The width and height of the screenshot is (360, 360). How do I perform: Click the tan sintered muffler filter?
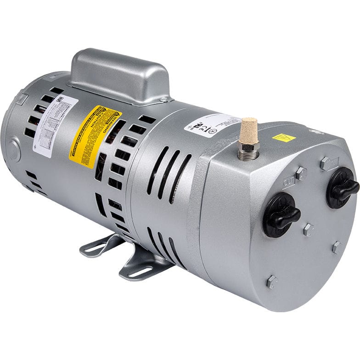click(248, 129)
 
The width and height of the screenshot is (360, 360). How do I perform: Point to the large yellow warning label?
click(96, 135)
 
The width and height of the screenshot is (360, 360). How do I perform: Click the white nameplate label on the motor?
click(54, 125)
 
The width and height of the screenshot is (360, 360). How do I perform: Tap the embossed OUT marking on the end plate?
click(289, 182)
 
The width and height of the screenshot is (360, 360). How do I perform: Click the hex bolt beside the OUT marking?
click(301, 173)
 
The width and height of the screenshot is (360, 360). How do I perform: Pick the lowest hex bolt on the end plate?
click(272, 281)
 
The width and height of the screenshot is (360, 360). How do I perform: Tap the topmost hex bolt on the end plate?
click(326, 163)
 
